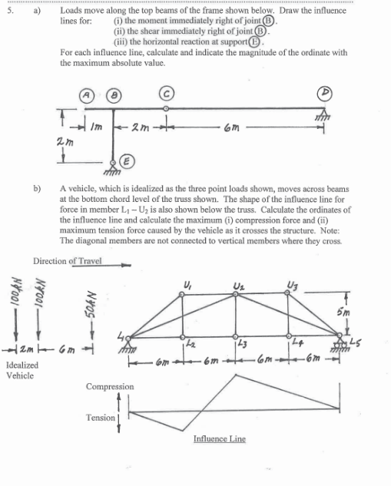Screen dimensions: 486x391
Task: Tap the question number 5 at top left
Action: [7, 13]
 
